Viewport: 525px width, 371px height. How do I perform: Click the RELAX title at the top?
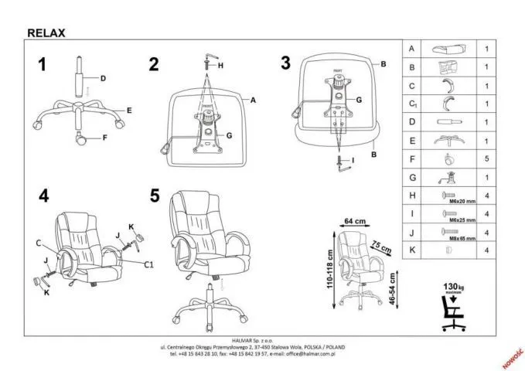[46, 32]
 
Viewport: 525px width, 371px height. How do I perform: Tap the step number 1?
[43, 65]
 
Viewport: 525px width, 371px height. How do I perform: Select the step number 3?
[285, 63]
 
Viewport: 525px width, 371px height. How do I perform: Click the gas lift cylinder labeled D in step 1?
[79, 78]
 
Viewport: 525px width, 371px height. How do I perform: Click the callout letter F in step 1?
[104, 138]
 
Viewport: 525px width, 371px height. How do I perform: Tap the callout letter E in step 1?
[129, 111]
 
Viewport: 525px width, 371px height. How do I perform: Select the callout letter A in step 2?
[252, 100]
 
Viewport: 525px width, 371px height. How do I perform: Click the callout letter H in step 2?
[220, 66]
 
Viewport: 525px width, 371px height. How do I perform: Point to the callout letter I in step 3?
[353, 161]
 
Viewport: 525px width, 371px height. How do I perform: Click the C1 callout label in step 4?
[149, 264]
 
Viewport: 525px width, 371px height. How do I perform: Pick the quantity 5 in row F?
[485, 160]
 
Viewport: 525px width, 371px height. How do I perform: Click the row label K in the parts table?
[412, 250]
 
